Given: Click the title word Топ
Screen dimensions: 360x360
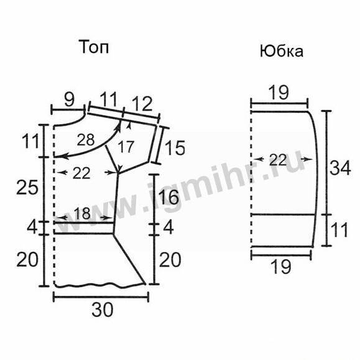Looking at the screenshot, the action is pyautogui.click(x=94, y=47).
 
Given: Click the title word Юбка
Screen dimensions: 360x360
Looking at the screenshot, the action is pyautogui.click(x=282, y=51).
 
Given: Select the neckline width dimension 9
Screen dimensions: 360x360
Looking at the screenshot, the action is pyautogui.click(x=69, y=100).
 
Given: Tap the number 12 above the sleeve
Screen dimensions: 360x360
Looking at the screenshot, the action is pyautogui.click(x=142, y=104).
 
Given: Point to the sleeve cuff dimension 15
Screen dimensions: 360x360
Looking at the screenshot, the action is pyautogui.click(x=175, y=148).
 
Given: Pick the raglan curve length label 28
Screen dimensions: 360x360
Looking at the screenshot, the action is pyautogui.click(x=86, y=140).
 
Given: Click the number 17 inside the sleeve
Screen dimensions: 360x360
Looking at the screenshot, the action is pyautogui.click(x=126, y=147).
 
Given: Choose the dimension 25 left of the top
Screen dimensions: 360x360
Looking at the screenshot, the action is pyautogui.click(x=27, y=187).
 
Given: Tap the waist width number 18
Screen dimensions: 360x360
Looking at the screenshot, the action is pyautogui.click(x=82, y=214).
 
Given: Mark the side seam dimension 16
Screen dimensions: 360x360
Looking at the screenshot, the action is pyautogui.click(x=168, y=197).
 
